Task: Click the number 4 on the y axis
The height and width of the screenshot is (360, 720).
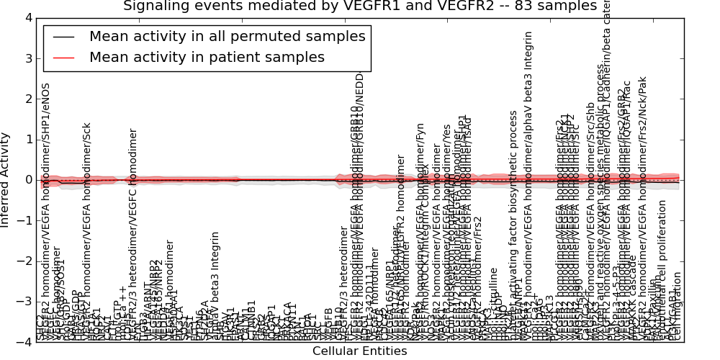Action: (28, 17)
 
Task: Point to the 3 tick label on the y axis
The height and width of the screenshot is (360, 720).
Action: (28, 58)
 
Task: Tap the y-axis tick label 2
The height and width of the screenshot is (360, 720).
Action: (28, 99)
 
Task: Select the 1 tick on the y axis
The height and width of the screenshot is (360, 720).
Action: (28, 139)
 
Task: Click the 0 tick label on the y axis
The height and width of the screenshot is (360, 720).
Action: (28, 179)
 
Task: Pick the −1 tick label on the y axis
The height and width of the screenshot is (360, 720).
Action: (25, 220)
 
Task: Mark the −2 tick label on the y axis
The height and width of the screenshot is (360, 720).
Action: (25, 261)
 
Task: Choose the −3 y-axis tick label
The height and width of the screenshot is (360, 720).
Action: (25, 301)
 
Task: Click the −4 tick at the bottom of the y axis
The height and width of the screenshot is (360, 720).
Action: (25, 342)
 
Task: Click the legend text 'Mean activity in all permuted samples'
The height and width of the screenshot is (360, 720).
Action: (227, 37)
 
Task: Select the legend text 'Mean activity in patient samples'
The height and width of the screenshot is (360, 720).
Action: (207, 57)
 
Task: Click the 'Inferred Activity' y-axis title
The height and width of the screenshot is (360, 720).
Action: (6, 179)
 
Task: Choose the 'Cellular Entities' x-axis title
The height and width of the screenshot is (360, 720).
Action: (359, 351)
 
